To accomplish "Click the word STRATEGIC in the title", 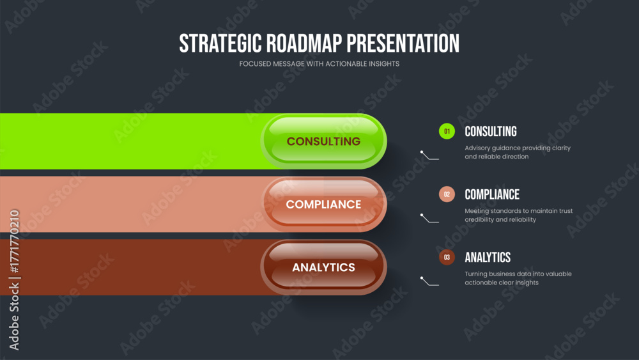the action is coord(220,43).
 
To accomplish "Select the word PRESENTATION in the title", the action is coord(403,43).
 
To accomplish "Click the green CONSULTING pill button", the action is coord(323,141).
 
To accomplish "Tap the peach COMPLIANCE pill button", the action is coord(323,204).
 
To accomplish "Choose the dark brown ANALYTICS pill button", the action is coord(323,267).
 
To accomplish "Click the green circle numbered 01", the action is coord(447,131).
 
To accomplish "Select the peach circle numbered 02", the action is coord(447,194).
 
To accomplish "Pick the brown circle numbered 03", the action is coord(447,257).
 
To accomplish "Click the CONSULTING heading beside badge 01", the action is coord(491,131).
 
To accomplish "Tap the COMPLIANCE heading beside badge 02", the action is coord(492,194).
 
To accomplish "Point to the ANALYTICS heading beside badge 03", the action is coord(488,257).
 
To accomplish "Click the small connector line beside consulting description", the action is coord(429,155).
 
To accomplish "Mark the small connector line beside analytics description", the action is coord(429,281).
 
